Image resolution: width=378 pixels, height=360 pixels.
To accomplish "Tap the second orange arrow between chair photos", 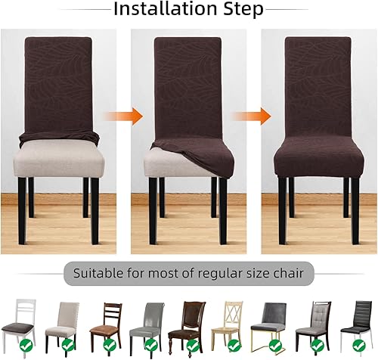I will pos(251,116).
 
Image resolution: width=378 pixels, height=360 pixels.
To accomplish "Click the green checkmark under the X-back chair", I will pos(233,346).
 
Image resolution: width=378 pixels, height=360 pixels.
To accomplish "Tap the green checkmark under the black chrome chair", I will pos(358,346).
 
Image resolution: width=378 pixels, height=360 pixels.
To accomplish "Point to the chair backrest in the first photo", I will pos(58,83).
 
